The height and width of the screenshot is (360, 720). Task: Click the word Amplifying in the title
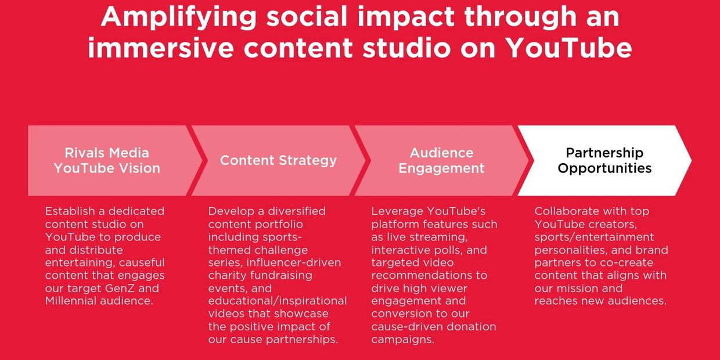tap(179, 17)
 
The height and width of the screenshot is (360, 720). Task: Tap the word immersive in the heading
tap(161, 48)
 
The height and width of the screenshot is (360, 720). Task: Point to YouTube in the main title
tap(569, 48)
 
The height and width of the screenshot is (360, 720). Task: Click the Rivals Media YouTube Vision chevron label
tap(107, 160)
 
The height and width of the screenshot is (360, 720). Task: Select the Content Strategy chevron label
tap(278, 160)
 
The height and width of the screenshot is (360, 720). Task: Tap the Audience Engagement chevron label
tap(441, 160)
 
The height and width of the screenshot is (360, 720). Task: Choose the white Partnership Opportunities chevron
tap(604, 160)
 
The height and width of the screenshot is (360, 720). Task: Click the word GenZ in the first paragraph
tap(120, 288)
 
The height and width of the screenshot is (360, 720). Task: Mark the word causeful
tap(142, 262)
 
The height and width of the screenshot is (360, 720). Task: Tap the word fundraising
tap(281, 275)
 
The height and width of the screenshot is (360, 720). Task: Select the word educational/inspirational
tap(278, 301)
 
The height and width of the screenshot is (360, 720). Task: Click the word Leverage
tap(397, 211)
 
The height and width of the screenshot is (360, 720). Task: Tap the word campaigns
tap(403, 340)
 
